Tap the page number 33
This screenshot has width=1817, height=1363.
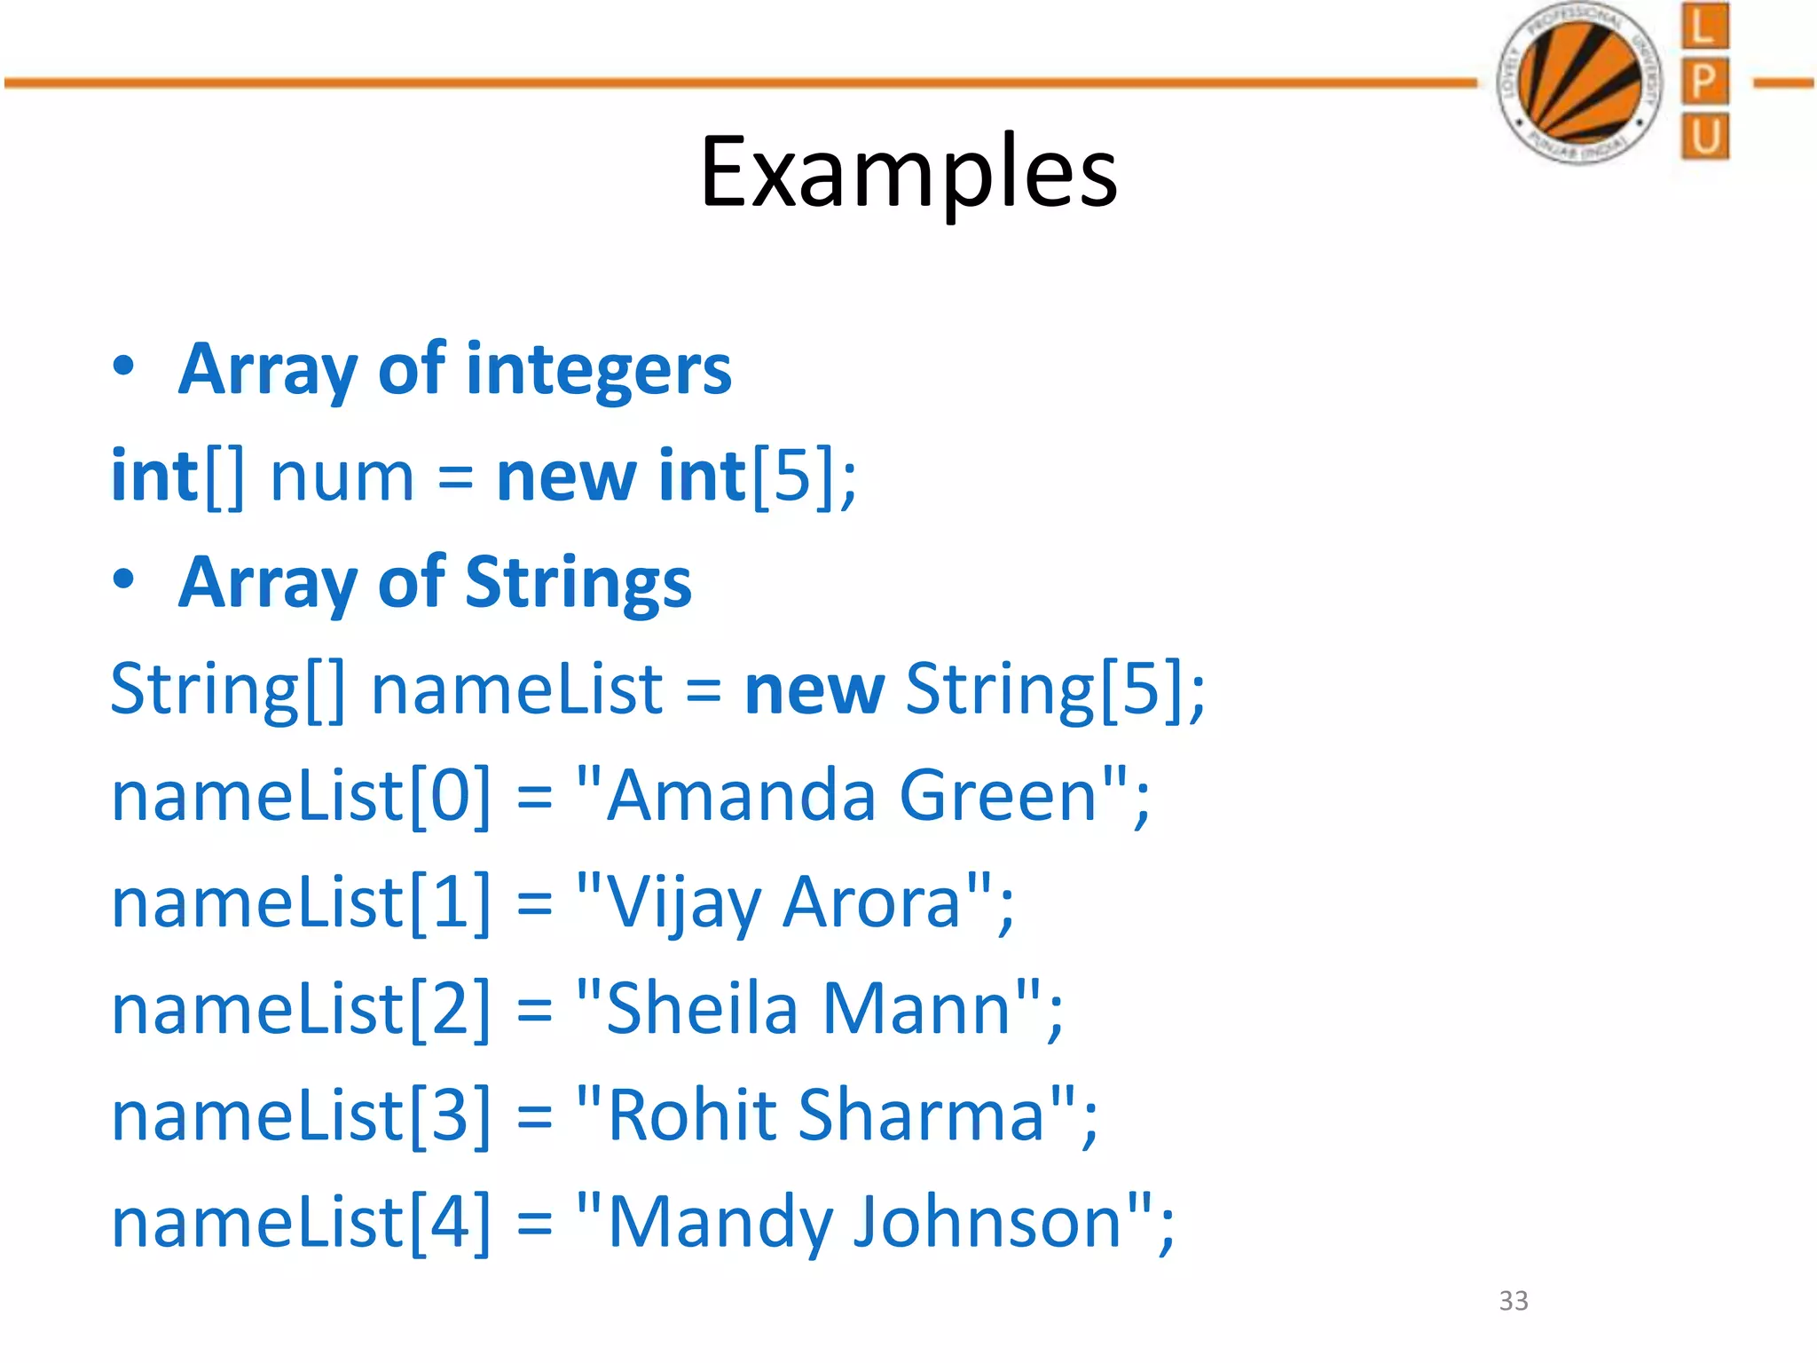[x=1513, y=1300]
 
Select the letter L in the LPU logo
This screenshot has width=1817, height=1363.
[x=1703, y=27]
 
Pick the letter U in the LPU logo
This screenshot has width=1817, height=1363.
[x=1704, y=137]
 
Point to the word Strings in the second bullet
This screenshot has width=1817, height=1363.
[x=578, y=582]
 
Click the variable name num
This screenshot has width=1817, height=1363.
[x=342, y=477]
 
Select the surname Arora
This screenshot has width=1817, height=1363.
[x=874, y=902]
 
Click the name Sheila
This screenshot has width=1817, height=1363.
[x=702, y=1008]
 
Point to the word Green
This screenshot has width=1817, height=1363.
[x=1000, y=795]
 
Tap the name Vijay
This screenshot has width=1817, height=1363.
[x=683, y=903]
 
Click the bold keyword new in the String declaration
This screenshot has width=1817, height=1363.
[x=814, y=689]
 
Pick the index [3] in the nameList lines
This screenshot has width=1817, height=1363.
[x=451, y=1115]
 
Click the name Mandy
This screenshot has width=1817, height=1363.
[x=720, y=1223]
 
